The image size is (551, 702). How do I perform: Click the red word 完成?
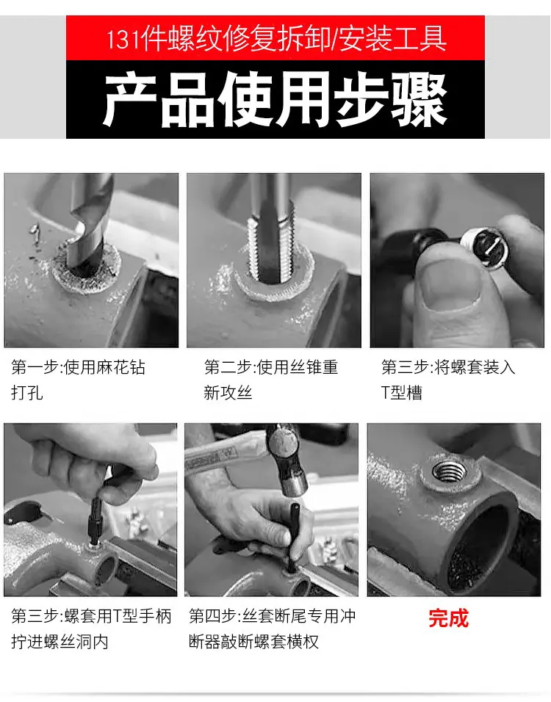click(448, 618)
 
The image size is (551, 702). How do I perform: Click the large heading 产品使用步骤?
click(275, 101)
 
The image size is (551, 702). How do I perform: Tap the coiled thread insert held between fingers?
click(485, 247)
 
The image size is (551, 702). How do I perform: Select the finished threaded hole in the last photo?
click(450, 471)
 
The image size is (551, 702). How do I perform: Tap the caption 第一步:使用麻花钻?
click(79, 368)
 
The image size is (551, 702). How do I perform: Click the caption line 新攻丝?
click(228, 393)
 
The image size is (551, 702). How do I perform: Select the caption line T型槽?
click(401, 393)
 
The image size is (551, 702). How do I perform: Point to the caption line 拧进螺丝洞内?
click(60, 642)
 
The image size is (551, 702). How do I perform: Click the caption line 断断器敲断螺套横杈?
click(253, 642)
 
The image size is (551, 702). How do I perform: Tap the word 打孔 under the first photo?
click(27, 393)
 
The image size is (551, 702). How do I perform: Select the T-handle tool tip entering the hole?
click(94, 543)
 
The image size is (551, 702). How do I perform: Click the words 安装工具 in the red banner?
click(393, 39)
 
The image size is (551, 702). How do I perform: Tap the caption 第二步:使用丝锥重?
click(271, 368)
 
